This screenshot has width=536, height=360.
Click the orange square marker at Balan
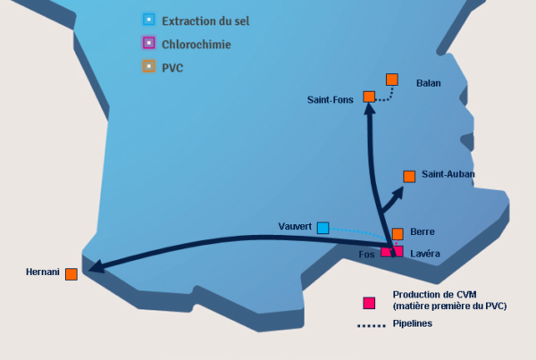[391, 80]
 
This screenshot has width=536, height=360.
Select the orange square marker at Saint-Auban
[409, 176]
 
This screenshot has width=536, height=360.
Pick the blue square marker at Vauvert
[322, 228]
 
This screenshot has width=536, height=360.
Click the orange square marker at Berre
[398, 233]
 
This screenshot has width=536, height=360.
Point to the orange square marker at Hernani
[71, 273]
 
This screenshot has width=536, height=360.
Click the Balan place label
[429, 83]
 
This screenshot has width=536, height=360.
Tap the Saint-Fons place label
[330, 99]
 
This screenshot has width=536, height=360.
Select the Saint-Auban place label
[448, 174]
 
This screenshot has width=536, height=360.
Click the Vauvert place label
[294, 228]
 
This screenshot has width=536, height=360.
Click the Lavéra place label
[425, 254]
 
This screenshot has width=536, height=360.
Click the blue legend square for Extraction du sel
[148, 19]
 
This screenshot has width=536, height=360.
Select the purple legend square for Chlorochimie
[148, 42]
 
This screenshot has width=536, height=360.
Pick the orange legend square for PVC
[148, 66]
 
